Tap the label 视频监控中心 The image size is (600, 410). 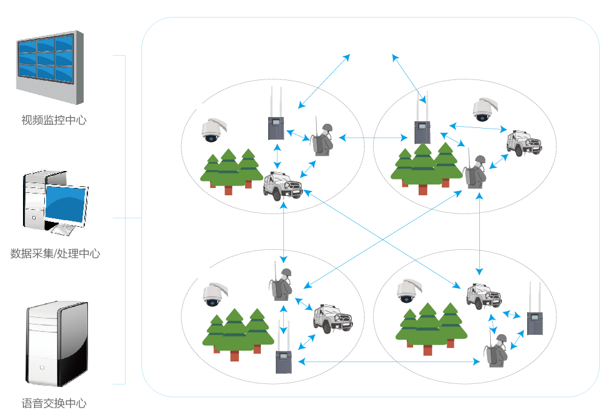pos(54,120)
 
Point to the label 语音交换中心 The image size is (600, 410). pos(54,403)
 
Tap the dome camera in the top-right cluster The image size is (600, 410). pos(482,109)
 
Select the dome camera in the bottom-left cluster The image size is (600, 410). pos(212,294)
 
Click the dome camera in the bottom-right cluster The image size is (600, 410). pos(406,291)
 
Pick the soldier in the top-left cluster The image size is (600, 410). pos(322,140)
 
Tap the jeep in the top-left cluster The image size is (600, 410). pos(282,186)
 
